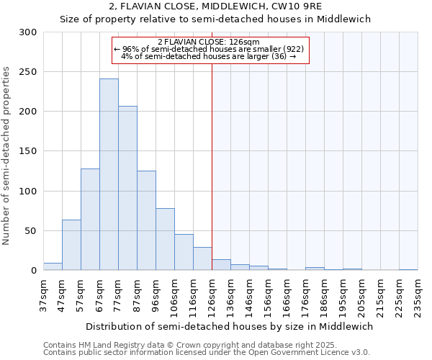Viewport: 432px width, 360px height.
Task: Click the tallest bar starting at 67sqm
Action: (x=109, y=174)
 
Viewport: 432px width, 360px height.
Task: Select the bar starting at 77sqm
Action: (x=127, y=188)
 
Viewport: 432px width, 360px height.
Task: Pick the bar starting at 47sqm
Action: (x=71, y=245)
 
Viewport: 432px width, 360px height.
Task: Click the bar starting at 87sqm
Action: (x=146, y=220)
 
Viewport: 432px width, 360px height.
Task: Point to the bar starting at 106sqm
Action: (x=184, y=252)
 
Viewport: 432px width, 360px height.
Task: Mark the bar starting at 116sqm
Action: (x=202, y=258)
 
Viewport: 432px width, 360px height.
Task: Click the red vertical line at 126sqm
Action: (x=212, y=166)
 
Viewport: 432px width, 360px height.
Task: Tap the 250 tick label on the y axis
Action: (x=27, y=72)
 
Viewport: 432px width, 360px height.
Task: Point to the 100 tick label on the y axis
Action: (x=27, y=192)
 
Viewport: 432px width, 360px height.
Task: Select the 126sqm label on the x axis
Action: (x=212, y=295)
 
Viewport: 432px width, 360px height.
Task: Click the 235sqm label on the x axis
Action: (x=418, y=295)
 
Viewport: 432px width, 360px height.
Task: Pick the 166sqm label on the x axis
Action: (x=287, y=295)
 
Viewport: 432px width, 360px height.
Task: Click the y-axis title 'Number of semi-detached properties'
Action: (x=7, y=156)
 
